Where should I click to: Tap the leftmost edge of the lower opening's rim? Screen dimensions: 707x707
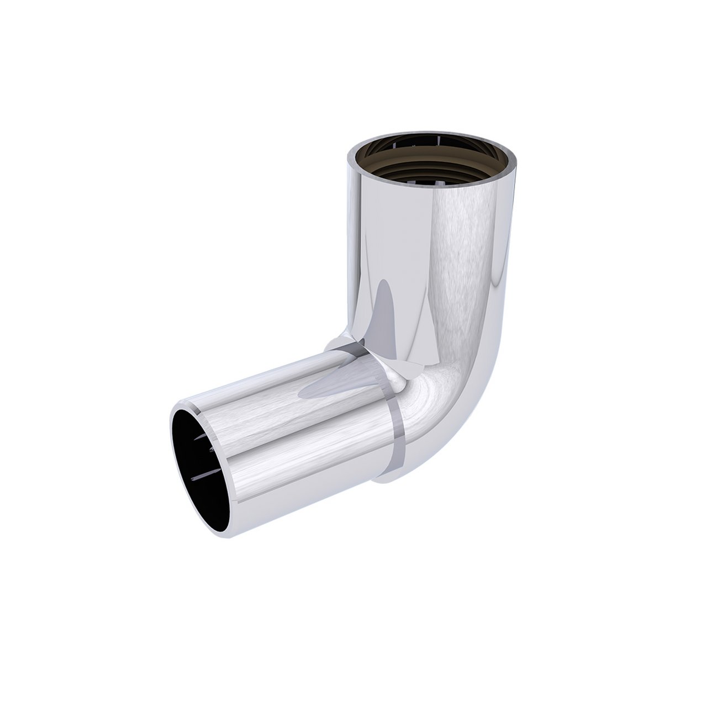[172, 442]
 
